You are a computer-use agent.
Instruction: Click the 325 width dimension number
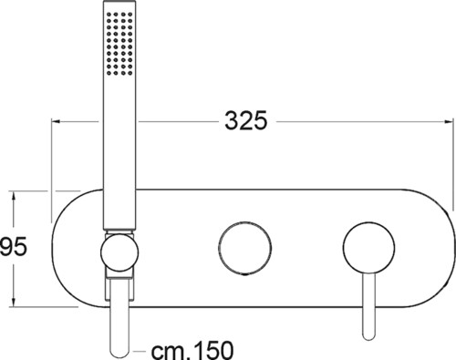[245, 120]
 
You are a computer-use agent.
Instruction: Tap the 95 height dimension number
[14, 246]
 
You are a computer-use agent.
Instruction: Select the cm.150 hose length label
[192, 350]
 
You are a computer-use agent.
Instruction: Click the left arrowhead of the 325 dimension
[56, 121]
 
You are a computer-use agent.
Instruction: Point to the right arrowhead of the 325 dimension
[450, 121]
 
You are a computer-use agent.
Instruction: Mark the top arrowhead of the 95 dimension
[13, 195]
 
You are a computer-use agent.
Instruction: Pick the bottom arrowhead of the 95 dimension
[13, 303]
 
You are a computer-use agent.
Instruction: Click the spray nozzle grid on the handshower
[119, 44]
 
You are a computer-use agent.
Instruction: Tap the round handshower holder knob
[119, 252]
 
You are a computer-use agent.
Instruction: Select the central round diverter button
[244, 248]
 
